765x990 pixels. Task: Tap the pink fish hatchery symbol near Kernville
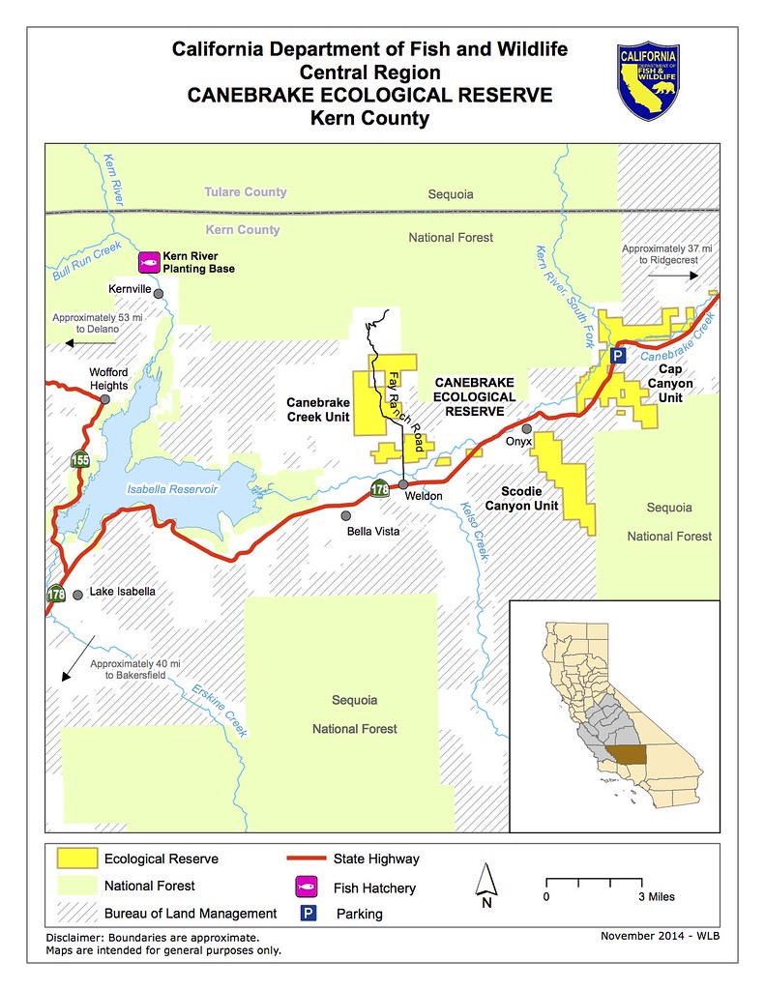pyautogui.click(x=148, y=261)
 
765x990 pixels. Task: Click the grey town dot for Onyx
pyautogui.click(x=526, y=427)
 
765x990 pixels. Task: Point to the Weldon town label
pyautogui.click(x=423, y=496)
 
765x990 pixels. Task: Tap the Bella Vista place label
pyautogui.click(x=373, y=532)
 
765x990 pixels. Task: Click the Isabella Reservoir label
pyautogui.click(x=173, y=489)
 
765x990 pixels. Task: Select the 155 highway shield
pyautogui.click(x=80, y=460)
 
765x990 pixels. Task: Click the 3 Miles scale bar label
pyautogui.click(x=656, y=897)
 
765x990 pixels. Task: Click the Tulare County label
pyautogui.click(x=245, y=192)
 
